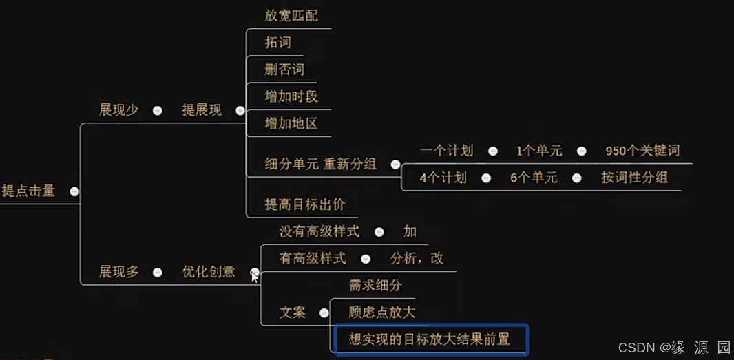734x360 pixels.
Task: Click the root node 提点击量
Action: click(x=28, y=191)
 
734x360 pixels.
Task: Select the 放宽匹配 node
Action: click(x=291, y=15)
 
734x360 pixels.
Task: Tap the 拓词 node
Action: click(x=278, y=43)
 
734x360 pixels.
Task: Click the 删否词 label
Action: click(x=284, y=70)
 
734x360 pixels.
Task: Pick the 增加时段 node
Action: click(x=291, y=96)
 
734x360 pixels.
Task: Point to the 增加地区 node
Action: click(x=291, y=124)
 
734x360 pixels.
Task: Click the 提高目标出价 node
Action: click(x=305, y=204)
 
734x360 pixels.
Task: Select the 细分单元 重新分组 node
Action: click(x=320, y=164)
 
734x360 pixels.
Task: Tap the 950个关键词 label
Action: click(x=642, y=151)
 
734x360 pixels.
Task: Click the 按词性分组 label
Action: click(x=634, y=178)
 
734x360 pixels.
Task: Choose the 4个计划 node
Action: click(x=443, y=178)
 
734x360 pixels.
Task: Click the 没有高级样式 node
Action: click(x=319, y=232)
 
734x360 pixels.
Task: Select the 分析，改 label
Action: click(x=417, y=259)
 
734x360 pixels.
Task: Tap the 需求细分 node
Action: click(x=375, y=285)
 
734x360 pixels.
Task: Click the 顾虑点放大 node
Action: click(x=382, y=313)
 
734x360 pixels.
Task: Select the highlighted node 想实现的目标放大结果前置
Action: click(x=430, y=339)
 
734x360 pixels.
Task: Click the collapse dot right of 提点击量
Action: click(x=74, y=192)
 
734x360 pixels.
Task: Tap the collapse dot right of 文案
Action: click(x=324, y=313)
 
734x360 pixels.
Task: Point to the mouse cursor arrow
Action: click(x=255, y=277)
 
